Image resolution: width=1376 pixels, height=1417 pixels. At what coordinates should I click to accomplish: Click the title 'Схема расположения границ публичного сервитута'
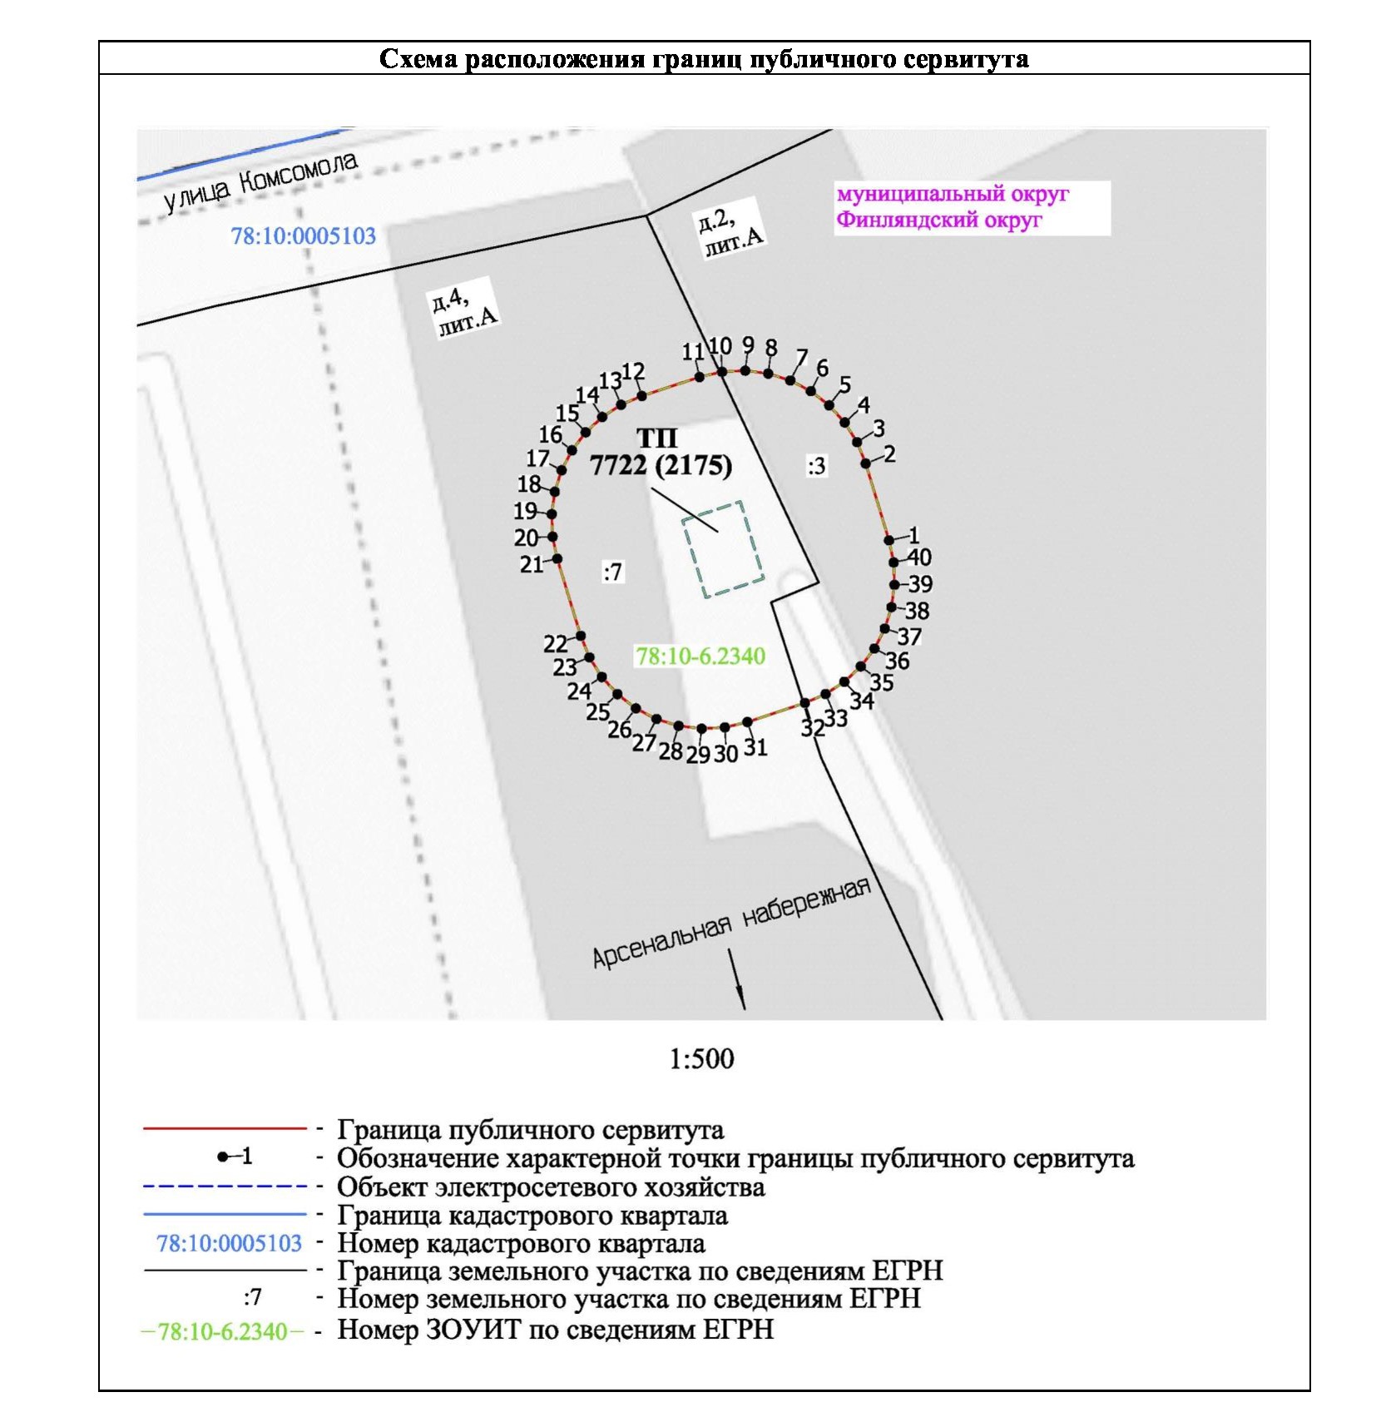(703, 59)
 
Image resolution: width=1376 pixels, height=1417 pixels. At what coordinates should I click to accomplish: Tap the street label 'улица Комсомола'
(260, 181)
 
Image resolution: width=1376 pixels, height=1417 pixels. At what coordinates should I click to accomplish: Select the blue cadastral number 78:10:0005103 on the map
(303, 236)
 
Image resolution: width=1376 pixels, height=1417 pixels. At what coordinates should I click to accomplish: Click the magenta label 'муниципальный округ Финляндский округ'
(952, 207)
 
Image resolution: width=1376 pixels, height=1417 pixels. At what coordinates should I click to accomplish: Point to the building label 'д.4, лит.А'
(463, 311)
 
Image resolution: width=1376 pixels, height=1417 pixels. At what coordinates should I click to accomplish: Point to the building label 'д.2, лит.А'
(729, 231)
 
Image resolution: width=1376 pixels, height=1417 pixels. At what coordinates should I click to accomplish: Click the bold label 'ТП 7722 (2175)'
(661, 452)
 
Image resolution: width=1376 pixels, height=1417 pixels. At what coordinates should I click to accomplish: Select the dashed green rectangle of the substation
(722, 548)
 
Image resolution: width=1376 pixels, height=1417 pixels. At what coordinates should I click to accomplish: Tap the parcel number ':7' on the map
(612, 572)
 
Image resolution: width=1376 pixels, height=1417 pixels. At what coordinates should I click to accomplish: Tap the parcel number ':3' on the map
(816, 466)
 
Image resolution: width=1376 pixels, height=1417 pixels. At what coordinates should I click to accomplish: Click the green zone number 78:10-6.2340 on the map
(700, 656)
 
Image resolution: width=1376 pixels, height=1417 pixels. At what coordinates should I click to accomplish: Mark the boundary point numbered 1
(889, 540)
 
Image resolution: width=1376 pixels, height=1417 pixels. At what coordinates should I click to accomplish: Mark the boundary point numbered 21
(557, 558)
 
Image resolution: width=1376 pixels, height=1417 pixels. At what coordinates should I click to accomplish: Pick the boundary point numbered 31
(747, 721)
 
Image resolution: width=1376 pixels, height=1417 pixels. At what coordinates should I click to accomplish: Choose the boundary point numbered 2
(865, 463)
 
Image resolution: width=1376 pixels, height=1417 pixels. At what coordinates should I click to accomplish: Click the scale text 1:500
(701, 1058)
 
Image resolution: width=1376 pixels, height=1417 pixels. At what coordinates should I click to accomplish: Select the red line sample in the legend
(225, 1128)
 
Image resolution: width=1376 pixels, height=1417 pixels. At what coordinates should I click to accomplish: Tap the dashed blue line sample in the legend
(225, 1186)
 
